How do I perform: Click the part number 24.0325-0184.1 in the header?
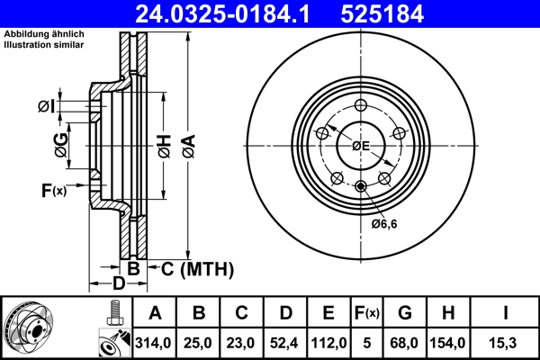coord(233,13)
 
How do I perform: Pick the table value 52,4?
coord(284,343)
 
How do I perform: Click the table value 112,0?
coord(328,343)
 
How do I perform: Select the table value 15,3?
coord(506,343)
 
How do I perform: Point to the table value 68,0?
coord(405,343)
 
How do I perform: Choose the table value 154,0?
coord(449,343)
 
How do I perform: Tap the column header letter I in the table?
coord(506,313)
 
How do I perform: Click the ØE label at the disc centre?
coord(360,145)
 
